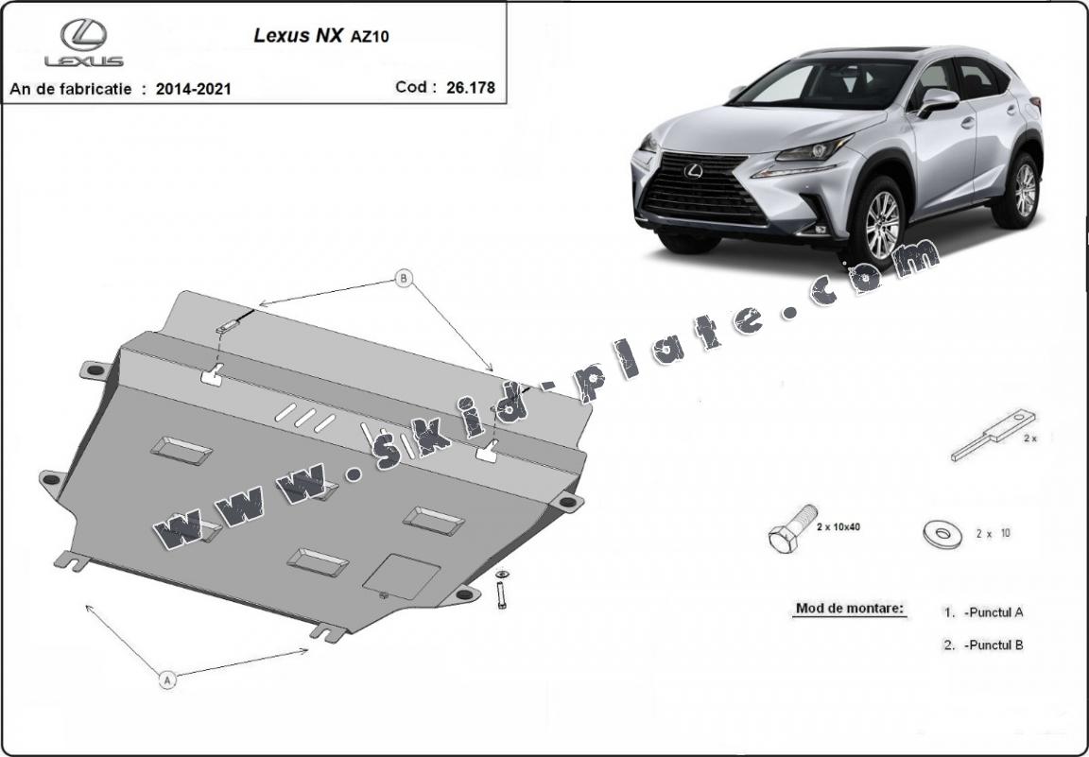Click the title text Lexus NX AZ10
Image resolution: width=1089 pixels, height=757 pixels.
320,35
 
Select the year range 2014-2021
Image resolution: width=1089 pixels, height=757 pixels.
193,89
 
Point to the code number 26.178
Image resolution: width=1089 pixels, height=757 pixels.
471,88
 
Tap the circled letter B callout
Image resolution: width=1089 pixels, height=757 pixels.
404,279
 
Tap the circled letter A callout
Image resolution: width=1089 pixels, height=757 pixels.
167,680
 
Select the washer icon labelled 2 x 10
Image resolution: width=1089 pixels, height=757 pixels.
942,534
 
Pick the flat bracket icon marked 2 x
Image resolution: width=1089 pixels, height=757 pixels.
993,436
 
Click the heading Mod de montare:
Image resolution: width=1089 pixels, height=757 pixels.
850,609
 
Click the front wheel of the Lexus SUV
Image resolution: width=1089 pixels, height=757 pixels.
881,223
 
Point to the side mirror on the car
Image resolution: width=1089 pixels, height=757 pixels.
939,101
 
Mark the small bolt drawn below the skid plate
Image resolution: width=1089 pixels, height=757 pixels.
501,590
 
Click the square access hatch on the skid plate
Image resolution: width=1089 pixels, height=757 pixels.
402,576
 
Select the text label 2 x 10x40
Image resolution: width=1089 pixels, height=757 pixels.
838,527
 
